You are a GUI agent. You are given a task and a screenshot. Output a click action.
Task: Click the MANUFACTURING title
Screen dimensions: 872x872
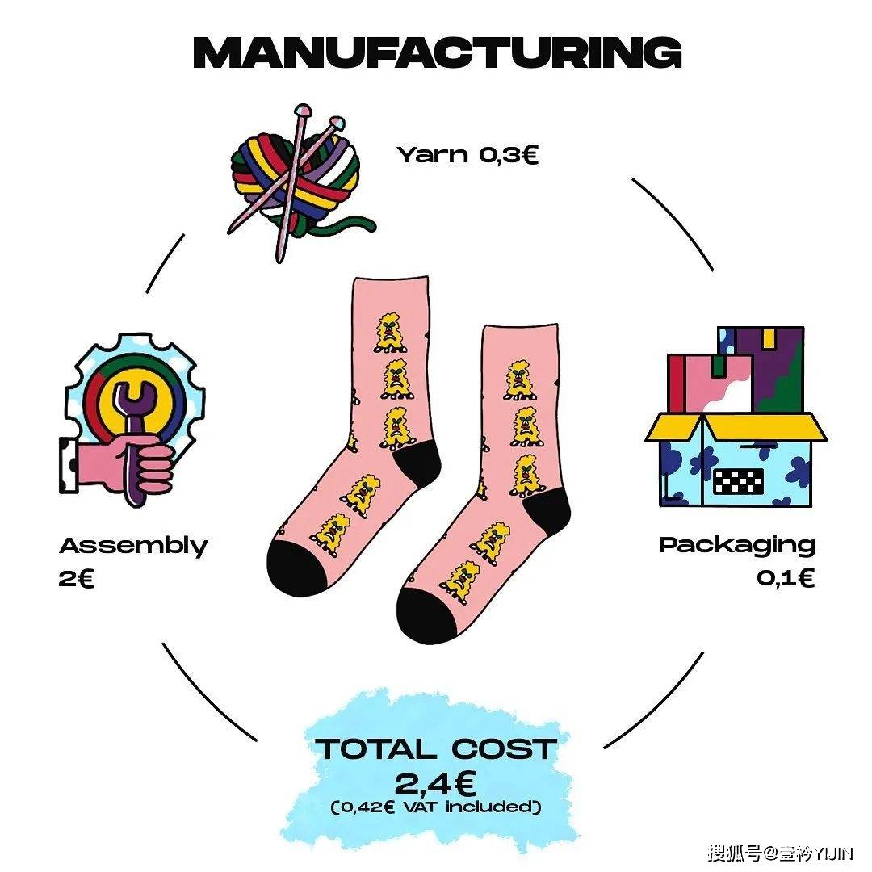click(437, 52)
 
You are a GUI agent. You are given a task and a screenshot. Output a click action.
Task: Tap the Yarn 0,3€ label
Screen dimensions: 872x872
click(467, 154)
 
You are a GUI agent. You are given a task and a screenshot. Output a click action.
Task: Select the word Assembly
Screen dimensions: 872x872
click(133, 547)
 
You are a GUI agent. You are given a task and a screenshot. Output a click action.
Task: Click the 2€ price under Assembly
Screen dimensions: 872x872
click(77, 579)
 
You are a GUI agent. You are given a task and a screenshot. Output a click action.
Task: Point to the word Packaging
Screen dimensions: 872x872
click(737, 546)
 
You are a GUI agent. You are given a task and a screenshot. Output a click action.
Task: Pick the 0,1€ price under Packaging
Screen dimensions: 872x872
click(786, 578)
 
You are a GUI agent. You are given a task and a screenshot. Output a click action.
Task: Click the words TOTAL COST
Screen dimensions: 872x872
click(436, 748)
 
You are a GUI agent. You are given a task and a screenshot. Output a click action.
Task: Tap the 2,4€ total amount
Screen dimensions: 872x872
click(435, 783)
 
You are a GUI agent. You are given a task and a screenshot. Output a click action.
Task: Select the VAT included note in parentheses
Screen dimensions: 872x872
click(436, 807)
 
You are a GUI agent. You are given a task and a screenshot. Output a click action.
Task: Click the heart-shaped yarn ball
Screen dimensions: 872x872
click(295, 178)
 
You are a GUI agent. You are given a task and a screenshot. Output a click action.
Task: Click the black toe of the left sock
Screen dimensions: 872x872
click(296, 568)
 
